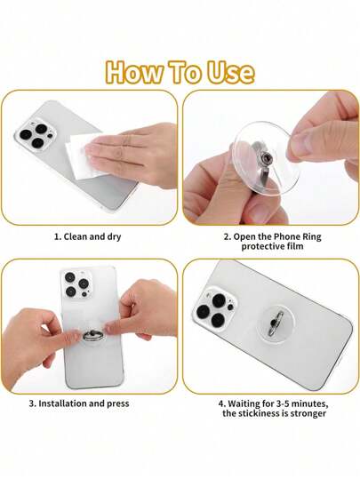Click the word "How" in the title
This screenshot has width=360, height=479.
(134, 72)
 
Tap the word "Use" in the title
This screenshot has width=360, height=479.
(230, 72)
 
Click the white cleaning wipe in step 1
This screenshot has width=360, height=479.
(84, 156)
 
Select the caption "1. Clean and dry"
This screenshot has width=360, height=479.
(87, 236)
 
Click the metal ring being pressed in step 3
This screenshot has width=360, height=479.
(91, 335)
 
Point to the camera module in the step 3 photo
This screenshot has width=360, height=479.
(76, 283)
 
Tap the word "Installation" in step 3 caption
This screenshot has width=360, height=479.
(61, 403)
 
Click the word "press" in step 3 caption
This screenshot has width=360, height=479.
(117, 403)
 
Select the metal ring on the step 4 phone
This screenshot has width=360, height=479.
(274, 323)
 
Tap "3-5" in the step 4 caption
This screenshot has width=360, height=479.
(283, 403)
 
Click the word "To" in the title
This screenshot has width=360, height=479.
(186, 72)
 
